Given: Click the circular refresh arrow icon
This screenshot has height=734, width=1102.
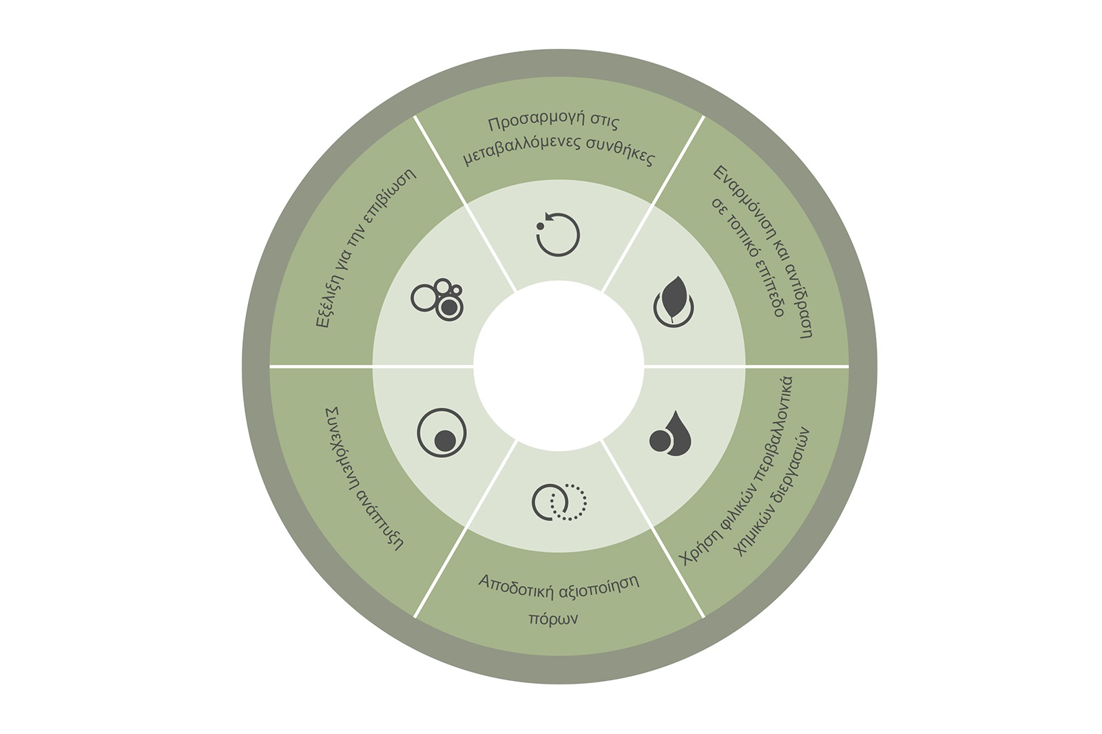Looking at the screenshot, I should coord(558,235).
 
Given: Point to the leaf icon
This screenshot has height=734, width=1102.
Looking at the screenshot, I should coord(673,302).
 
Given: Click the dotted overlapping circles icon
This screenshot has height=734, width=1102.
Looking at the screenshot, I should coord(559,501).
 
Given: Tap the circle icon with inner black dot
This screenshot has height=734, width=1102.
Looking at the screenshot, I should coord(441,434).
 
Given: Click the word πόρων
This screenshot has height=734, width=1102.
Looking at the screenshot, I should coord(552,618).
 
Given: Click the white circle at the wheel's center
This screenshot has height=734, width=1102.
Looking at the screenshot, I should coord(559,366).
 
